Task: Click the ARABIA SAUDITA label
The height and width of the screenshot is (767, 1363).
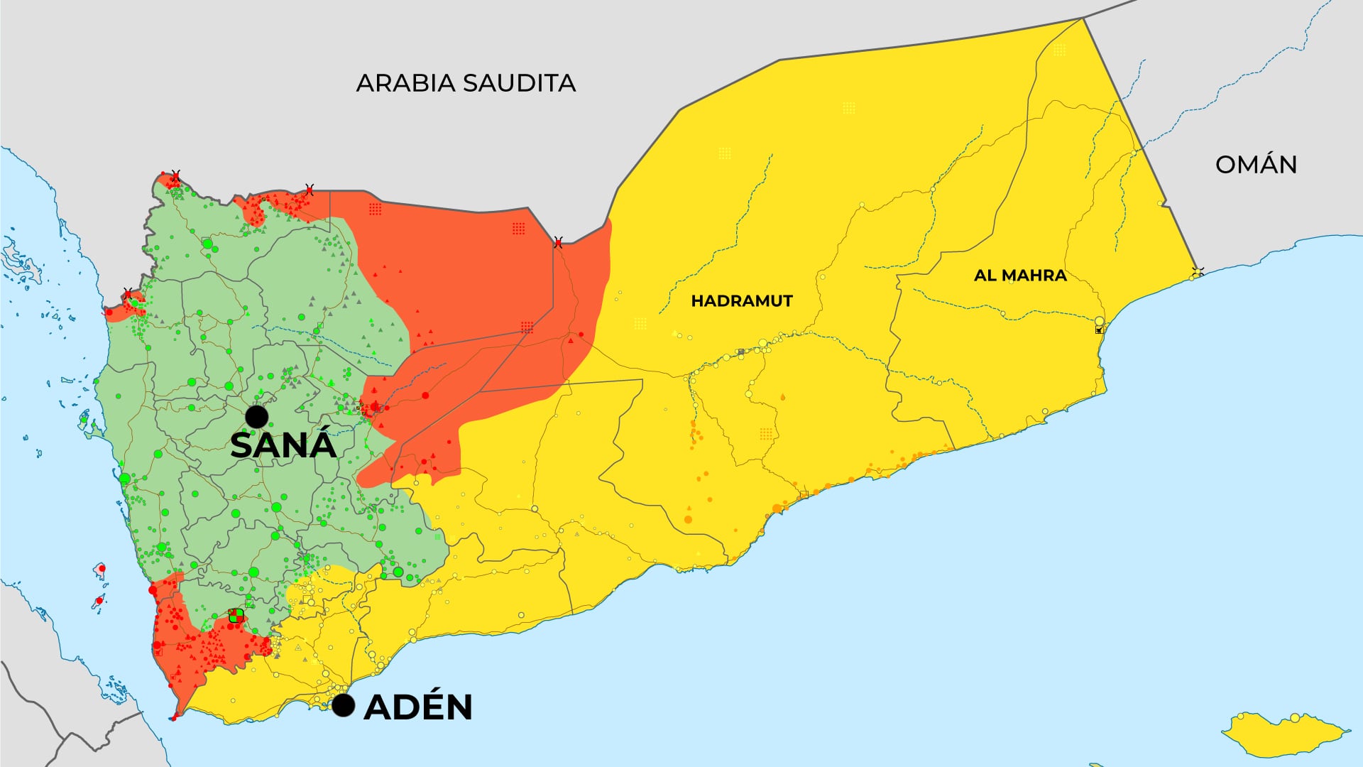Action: point(465,83)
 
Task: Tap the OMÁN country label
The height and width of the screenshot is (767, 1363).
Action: point(1256,165)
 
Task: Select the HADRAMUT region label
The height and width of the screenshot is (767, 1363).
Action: point(741,301)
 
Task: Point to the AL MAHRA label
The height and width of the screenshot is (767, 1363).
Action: point(1020,276)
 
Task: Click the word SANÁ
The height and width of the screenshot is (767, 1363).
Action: point(283,445)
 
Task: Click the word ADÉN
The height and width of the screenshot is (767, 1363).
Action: point(417,707)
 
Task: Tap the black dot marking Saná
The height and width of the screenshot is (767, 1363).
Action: point(256,416)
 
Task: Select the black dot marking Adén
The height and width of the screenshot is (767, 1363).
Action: point(344,705)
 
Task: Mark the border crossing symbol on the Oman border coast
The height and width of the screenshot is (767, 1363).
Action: point(1198,273)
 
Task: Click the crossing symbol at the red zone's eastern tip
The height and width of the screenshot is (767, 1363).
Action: point(558,243)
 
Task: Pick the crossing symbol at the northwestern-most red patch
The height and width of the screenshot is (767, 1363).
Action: point(175,175)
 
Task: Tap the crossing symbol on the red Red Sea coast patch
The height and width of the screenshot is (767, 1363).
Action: point(128,293)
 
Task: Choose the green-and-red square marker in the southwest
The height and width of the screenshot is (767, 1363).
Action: point(236,615)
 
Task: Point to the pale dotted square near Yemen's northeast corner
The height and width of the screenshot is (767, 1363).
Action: point(1059,50)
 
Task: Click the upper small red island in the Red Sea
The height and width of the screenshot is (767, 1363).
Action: point(101,569)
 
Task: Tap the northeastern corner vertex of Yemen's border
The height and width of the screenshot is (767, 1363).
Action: point(1083,18)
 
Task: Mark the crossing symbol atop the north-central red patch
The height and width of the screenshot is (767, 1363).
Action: point(309,189)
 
